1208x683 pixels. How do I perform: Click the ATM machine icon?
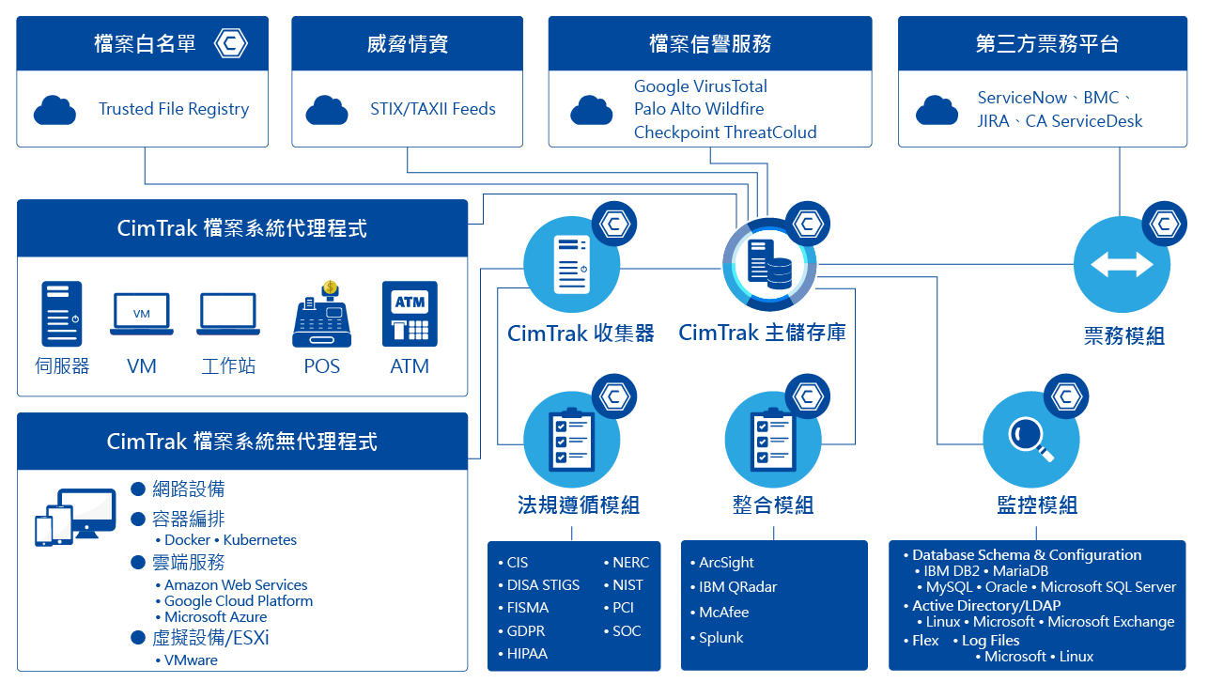point(410,314)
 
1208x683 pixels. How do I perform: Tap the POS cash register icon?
point(321,316)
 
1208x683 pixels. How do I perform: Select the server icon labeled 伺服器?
point(62,314)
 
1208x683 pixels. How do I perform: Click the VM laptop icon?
point(142,314)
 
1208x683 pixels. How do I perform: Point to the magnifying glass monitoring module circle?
point(1030,439)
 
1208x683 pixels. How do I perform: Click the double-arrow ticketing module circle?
point(1122,265)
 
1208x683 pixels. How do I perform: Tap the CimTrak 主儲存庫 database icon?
point(769,264)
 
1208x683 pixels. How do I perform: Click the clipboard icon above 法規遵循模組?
point(571,439)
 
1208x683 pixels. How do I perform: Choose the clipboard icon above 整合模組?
point(772,439)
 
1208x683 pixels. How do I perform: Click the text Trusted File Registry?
point(174,109)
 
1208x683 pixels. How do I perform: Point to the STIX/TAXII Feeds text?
point(433,109)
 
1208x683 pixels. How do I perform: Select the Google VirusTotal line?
point(701,86)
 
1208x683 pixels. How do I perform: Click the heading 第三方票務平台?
point(1046,43)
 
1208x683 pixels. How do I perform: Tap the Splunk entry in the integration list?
point(720,637)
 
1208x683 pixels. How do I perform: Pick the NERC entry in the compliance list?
point(630,562)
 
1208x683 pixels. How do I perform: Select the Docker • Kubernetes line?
point(230,540)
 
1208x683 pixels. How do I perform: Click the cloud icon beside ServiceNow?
point(937,110)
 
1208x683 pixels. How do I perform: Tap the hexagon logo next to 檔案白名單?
point(230,43)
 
